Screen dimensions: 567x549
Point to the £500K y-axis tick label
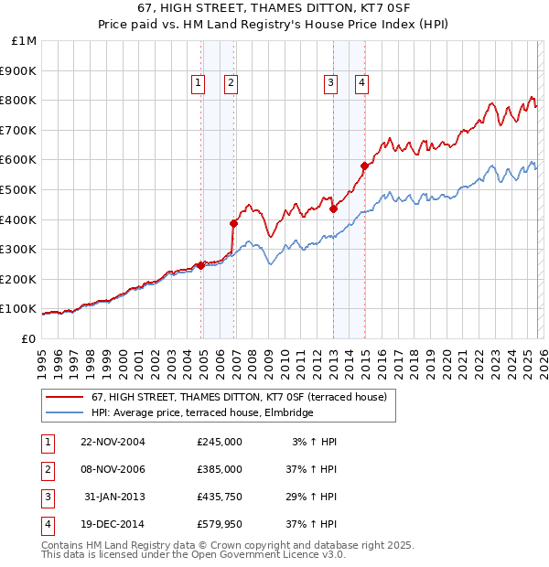point(19,189)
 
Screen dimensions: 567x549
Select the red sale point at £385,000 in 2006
point(233,223)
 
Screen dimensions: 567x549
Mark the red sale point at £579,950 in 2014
point(364,166)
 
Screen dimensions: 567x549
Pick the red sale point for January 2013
point(333,209)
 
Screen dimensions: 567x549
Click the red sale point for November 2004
point(201,265)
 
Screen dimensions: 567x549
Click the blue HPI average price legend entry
point(202,412)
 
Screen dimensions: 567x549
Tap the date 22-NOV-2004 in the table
point(113,442)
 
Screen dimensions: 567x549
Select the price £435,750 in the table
point(220,497)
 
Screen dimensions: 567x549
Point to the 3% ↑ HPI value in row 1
point(314,442)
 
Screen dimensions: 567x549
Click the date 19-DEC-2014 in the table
point(113,524)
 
